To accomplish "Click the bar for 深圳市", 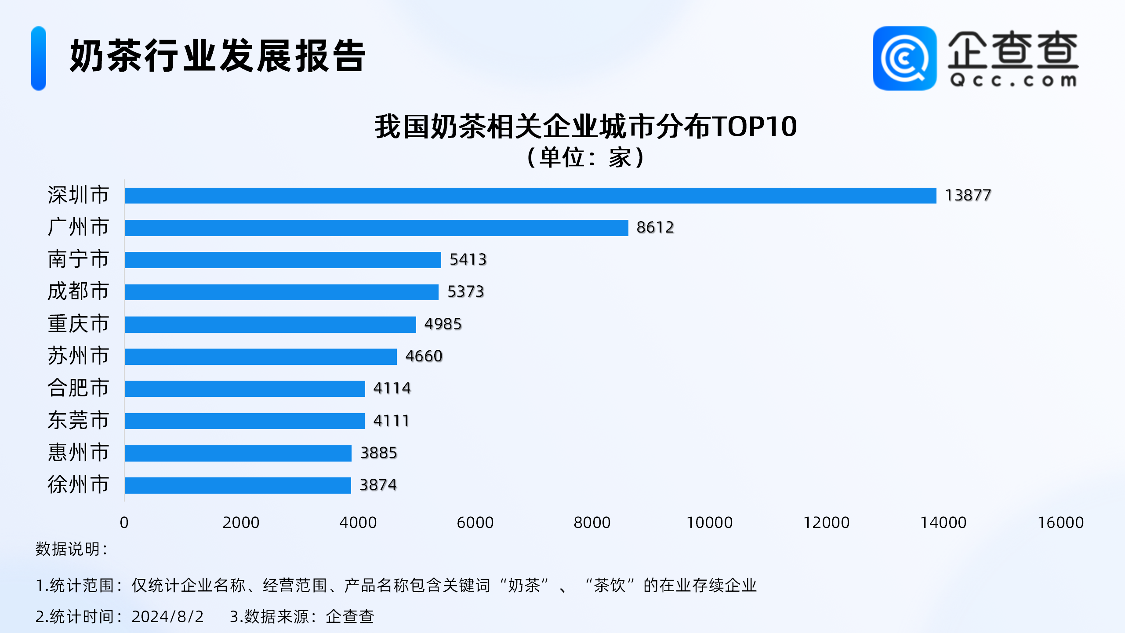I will click(530, 196).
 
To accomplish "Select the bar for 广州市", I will click(376, 228).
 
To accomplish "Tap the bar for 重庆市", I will click(270, 324).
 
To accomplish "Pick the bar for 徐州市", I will click(237, 485).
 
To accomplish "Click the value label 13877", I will click(968, 195).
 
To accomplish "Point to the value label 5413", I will click(468, 259).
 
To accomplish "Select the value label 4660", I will click(424, 356).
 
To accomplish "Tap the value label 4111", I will click(391, 421).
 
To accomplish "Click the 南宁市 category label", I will click(78, 259).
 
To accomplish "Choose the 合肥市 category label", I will click(78, 388).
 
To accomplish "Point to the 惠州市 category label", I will click(78, 453).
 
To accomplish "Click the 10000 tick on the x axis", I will click(709, 523).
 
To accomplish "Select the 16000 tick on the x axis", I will click(1060, 523).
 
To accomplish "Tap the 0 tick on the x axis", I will click(124, 523).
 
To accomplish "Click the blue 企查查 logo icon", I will click(904, 58).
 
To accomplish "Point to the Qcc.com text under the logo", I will click(1013, 81).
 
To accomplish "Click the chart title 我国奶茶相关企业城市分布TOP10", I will click(585, 127).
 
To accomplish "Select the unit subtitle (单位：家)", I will click(585, 157).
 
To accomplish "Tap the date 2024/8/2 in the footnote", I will click(167, 617).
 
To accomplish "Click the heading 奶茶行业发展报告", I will click(218, 56).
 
